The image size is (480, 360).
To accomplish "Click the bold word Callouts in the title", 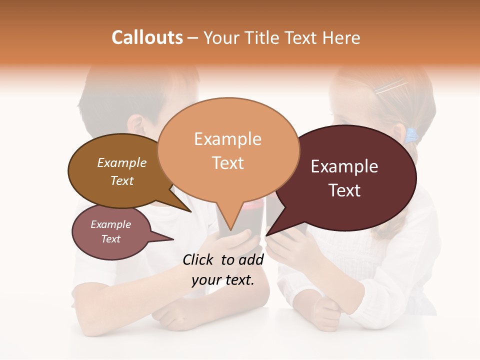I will tap(147, 37).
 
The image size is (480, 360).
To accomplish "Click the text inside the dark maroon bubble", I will tap(344, 178).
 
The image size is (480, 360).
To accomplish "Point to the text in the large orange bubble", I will tap(228, 151).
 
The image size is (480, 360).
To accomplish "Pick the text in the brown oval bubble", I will tap(122, 171).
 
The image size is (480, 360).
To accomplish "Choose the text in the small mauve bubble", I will tap(110, 232).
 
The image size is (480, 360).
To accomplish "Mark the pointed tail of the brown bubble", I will tap(185, 207).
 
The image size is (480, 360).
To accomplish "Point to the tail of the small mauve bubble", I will tap(167, 238).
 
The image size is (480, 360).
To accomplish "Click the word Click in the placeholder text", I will tap(199, 259).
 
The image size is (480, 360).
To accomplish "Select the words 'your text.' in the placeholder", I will tap(223, 280).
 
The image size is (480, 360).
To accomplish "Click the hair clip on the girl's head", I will tap(391, 87).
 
